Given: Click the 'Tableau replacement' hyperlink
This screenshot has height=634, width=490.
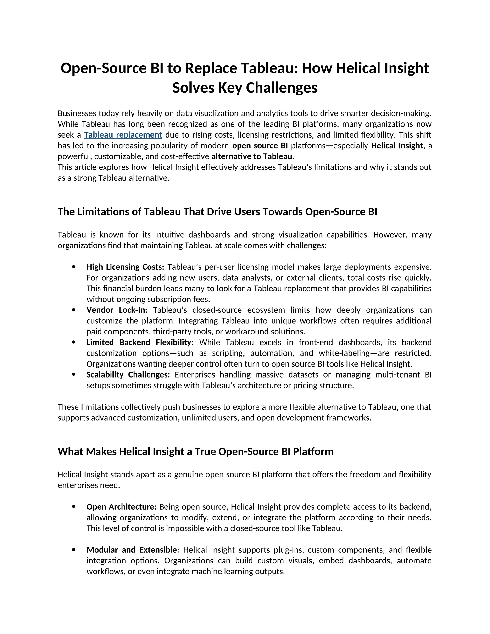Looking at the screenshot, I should coord(123,135).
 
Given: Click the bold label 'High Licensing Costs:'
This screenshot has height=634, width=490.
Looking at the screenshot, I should coord(125,267).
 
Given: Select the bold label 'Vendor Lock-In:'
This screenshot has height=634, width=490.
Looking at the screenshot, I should coord(117,310).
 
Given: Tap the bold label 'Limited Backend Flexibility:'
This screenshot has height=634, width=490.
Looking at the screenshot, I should coord(140,342).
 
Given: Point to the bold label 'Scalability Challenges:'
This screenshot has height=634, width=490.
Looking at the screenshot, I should coord(128,374).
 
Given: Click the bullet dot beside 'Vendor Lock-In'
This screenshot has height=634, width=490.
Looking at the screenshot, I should coord(74,310).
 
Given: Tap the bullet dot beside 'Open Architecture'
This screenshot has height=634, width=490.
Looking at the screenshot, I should coord(74,506).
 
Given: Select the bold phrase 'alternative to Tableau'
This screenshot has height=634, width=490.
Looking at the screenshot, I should coord(252,156).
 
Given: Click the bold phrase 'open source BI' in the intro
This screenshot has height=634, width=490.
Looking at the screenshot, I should coord(260,146).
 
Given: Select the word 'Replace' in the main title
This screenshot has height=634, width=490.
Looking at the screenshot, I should coord(211,68).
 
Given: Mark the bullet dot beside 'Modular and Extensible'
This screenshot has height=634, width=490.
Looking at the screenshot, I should coord(74,550).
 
